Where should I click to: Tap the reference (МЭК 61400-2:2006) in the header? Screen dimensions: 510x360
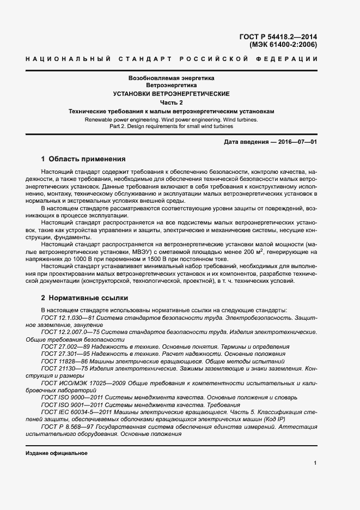(283, 45)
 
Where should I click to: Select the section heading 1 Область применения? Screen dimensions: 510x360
(83, 160)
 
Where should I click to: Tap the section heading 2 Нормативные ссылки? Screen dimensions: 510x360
(84, 298)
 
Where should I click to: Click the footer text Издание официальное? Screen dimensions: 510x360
(56, 453)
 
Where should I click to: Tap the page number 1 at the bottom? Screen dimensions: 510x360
(315, 463)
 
